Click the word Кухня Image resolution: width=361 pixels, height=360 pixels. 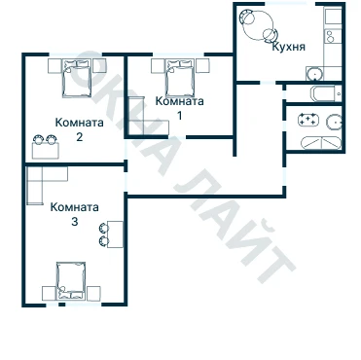288,47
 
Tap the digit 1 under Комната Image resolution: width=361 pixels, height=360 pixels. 179,116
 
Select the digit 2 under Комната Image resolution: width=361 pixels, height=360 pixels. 79,137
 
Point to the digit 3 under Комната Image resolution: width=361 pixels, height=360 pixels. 75,222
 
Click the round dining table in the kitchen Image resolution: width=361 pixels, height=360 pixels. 258,24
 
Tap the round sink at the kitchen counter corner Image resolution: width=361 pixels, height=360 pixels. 314,74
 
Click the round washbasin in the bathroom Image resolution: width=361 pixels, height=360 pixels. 334,123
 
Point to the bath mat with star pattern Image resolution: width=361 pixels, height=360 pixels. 308,120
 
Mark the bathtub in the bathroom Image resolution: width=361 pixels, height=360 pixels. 321,143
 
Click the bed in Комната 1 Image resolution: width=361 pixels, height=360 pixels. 180,77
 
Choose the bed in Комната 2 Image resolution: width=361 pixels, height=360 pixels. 77,78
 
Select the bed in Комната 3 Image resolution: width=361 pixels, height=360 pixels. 71,280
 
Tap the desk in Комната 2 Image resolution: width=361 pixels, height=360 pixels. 46,151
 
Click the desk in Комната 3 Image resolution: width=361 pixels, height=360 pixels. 115,234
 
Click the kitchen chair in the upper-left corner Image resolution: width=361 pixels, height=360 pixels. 246,16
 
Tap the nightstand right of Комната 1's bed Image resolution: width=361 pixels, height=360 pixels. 202,66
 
